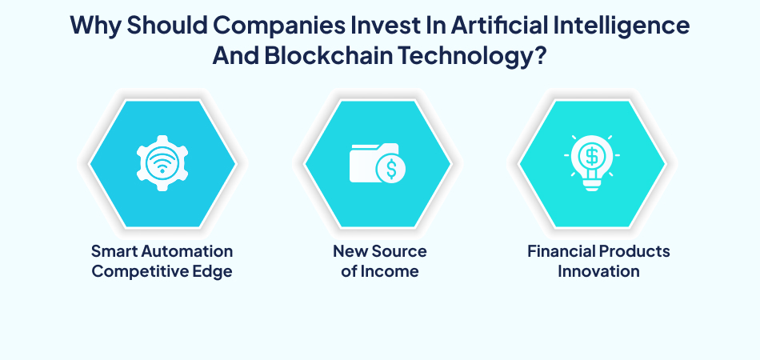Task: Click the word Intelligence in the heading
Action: tap(627, 26)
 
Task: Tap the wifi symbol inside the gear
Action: tap(162, 163)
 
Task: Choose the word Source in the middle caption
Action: tap(401, 251)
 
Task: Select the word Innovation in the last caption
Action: tap(598, 271)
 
